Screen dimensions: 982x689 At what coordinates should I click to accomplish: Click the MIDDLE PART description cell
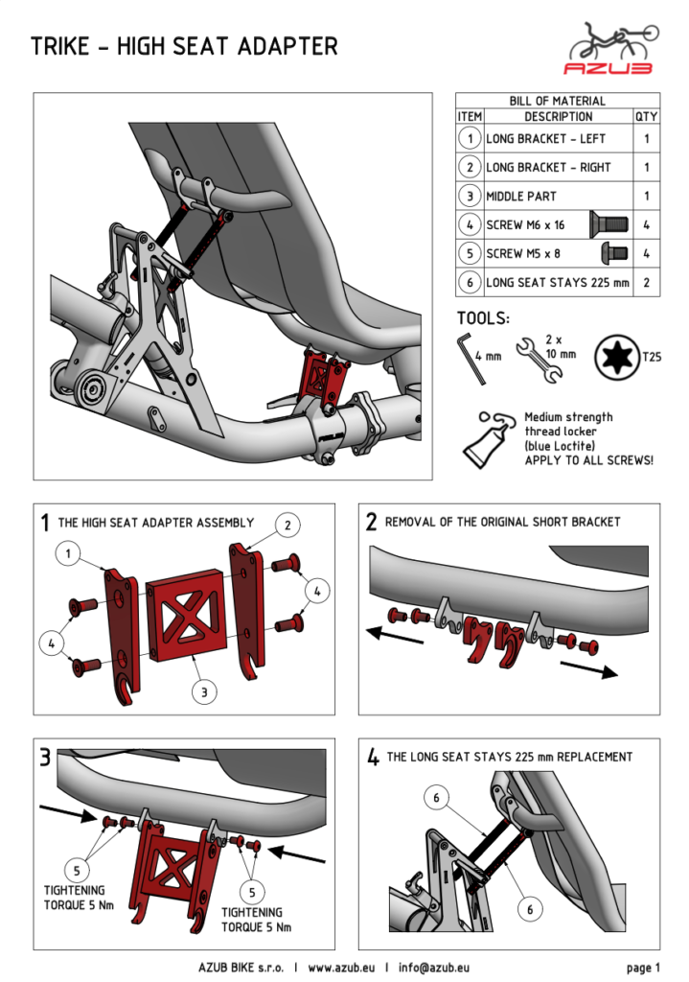click(557, 196)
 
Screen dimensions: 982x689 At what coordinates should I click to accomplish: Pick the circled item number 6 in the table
click(470, 282)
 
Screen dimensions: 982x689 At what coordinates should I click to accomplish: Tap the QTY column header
click(646, 116)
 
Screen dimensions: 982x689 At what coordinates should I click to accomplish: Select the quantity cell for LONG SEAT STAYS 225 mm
click(646, 282)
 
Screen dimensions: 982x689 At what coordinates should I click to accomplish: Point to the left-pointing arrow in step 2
click(387, 631)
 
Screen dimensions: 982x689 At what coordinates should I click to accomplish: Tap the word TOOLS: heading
click(483, 318)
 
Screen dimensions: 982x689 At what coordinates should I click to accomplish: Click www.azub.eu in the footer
click(341, 967)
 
